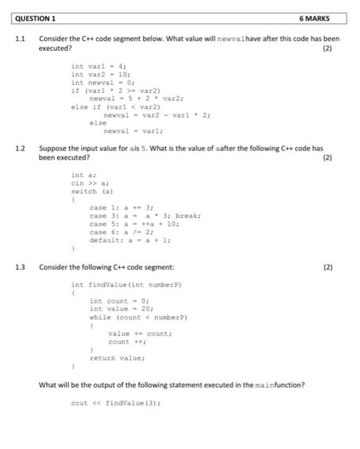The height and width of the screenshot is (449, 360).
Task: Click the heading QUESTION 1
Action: (x=38, y=18)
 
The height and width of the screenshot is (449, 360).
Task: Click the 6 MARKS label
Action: (x=314, y=18)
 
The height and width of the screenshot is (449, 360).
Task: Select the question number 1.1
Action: (x=20, y=39)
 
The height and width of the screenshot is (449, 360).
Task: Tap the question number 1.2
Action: (x=20, y=148)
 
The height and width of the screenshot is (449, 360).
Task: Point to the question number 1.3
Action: (x=20, y=267)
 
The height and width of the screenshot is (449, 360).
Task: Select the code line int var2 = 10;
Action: (x=101, y=74)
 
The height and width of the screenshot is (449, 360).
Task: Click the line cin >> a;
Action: (x=87, y=183)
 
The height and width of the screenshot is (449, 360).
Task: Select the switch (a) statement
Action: (x=84, y=191)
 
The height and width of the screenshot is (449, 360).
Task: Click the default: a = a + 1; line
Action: (x=130, y=240)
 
